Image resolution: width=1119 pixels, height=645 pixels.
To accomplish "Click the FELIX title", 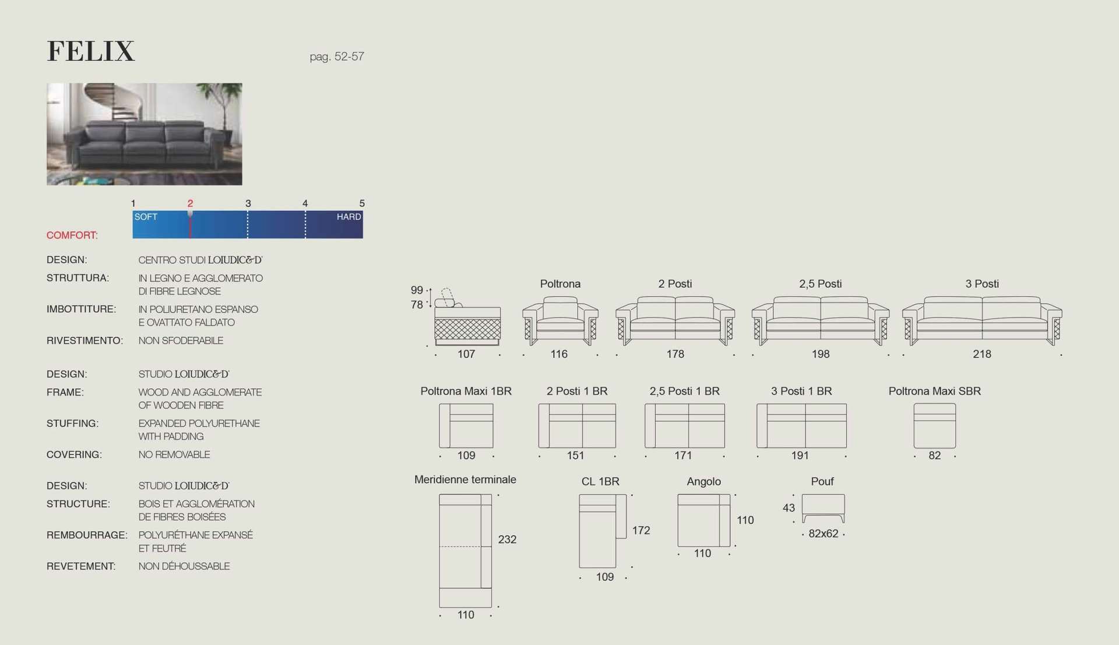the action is click(91, 51).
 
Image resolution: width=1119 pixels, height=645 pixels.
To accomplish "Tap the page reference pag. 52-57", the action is click(337, 57).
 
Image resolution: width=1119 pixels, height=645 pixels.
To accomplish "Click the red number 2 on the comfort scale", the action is click(190, 203).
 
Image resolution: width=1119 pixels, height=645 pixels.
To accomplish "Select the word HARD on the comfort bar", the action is click(349, 217).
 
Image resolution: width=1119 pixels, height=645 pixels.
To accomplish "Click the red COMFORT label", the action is click(72, 235).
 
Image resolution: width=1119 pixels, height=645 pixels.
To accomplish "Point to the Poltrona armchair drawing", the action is click(560, 320).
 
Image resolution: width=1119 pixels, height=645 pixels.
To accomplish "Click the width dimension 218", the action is click(982, 354).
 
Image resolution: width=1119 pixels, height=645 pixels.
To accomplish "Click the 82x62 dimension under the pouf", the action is click(823, 534).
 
